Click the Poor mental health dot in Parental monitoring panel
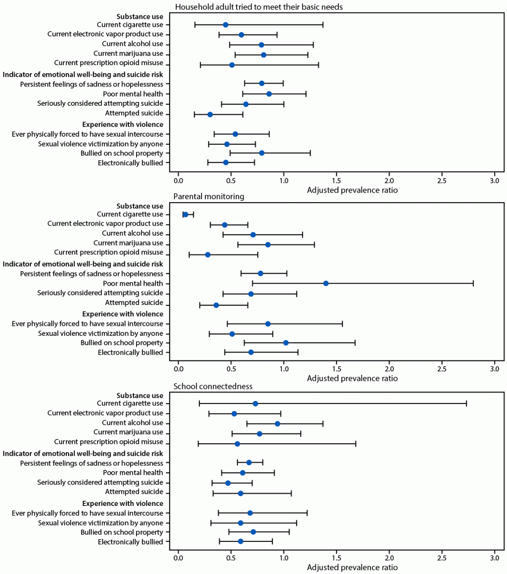click(x=326, y=284)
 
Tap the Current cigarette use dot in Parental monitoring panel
click(x=185, y=215)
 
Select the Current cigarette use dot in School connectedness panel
click(x=255, y=404)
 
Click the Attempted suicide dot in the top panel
click(x=210, y=114)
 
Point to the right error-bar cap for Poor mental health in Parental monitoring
click(x=473, y=284)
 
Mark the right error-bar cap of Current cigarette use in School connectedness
click(x=466, y=404)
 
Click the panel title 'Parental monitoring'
click(x=209, y=197)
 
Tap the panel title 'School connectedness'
click(x=213, y=386)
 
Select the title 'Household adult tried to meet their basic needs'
click(x=259, y=7)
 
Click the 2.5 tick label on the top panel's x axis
click(x=442, y=181)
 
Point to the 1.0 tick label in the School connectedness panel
click(x=284, y=559)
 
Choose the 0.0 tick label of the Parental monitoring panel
click(x=178, y=369)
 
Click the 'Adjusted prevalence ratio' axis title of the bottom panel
click(x=352, y=568)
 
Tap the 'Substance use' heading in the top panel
click(x=140, y=17)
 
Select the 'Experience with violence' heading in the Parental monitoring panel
click(x=123, y=314)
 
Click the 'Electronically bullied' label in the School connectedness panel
click(x=130, y=542)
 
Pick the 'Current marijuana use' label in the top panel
click(x=128, y=54)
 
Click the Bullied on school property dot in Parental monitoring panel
click(x=286, y=343)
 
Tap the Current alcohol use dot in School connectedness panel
click(x=277, y=424)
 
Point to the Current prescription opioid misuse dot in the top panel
click(x=232, y=65)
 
